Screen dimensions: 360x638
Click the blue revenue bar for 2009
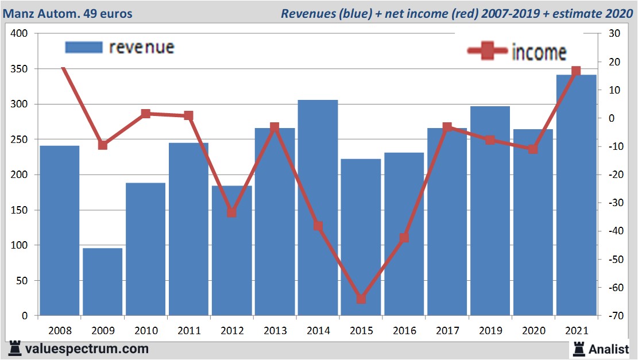pos(103,281)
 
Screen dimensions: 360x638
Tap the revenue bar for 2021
pos(576,195)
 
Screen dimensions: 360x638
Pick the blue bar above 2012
pos(231,250)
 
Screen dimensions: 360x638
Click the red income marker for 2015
pos(361,299)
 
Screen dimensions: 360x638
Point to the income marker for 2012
pos(231,212)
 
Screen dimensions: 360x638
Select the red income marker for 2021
pos(576,72)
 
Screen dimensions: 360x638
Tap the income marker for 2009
pos(103,145)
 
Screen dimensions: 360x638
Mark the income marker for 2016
pos(404,238)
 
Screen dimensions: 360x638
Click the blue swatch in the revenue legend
pos(84,47)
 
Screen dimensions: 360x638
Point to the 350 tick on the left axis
pos(20,69)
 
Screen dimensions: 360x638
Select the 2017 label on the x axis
pos(447,331)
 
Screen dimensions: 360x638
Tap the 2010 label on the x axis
pos(146,331)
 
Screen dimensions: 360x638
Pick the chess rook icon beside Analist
pos(578,348)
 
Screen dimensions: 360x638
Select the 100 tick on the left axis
pos(20,245)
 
